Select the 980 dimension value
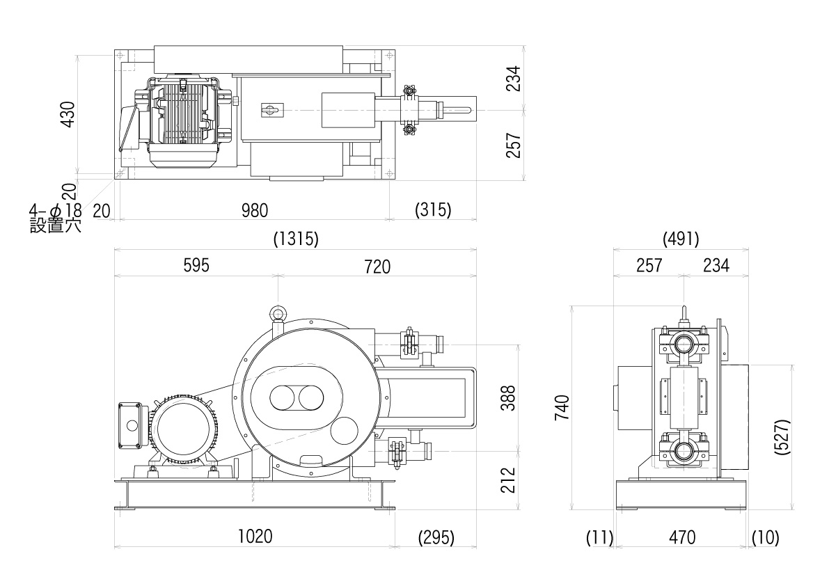point(254,209)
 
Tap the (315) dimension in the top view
point(432,209)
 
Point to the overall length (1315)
point(296,239)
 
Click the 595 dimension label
point(196,266)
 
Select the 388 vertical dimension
point(510,398)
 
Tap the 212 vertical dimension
point(510,480)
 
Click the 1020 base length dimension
point(255,537)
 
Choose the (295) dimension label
point(436,537)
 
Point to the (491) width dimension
point(681,239)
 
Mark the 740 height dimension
point(562,407)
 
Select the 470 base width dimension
point(682,537)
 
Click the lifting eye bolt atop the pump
point(278,314)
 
